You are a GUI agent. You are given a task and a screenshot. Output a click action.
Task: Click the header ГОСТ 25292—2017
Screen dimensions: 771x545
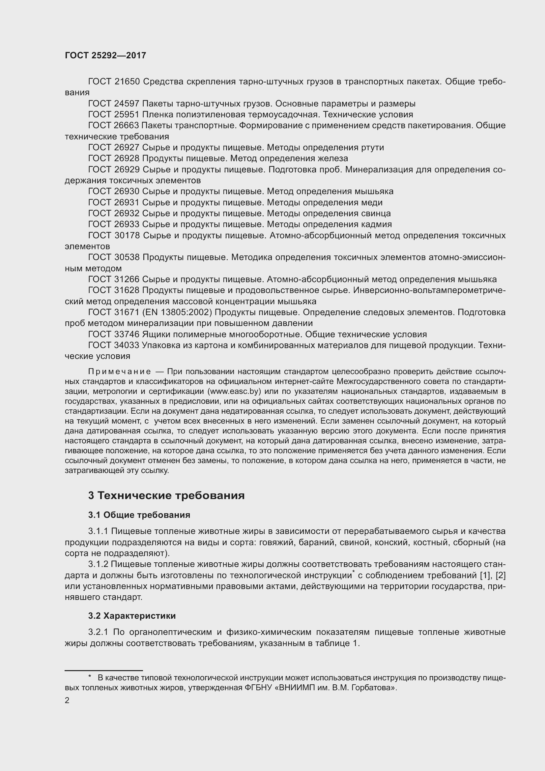[x=105, y=55]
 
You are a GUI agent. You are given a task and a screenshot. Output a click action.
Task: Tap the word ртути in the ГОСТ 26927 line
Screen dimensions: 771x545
[x=373, y=147]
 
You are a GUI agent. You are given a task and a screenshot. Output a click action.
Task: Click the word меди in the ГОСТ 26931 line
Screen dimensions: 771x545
[x=372, y=202]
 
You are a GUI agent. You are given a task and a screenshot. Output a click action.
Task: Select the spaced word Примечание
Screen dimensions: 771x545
[x=119, y=372]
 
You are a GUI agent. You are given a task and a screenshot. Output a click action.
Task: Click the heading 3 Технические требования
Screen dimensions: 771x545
[x=166, y=496]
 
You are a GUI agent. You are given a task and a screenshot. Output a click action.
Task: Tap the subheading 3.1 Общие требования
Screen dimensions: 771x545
[x=139, y=515]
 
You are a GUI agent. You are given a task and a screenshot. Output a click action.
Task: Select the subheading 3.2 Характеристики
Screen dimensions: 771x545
[x=132, y=616]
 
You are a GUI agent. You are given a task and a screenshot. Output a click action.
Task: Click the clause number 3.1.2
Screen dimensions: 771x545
[x=98, y=564]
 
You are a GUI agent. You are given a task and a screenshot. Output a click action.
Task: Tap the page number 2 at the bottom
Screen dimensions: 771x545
[x=67, y=700]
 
